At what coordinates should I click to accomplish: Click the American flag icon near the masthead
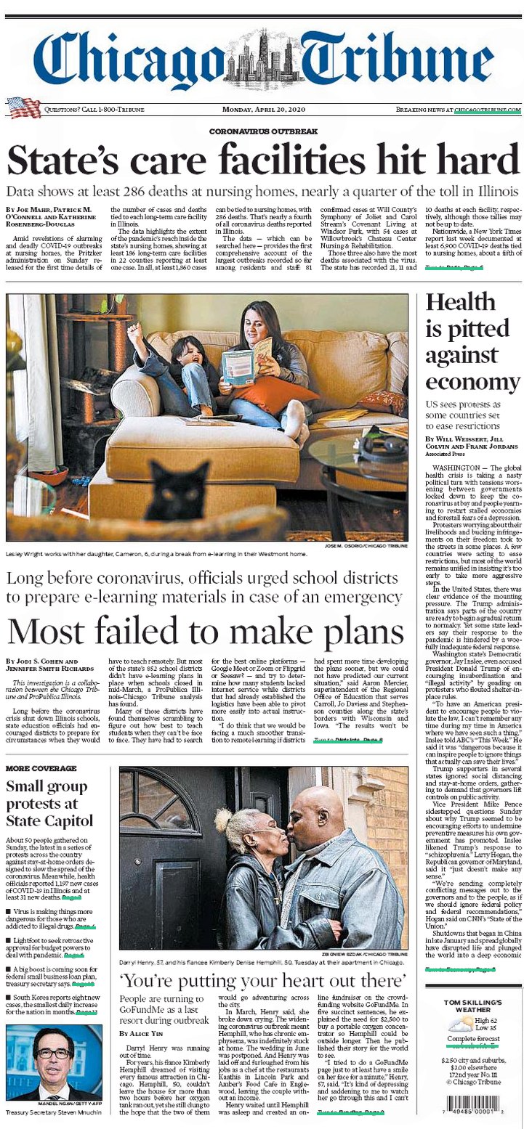tap(24, 108)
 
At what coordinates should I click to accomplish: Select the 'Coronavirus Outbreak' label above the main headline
tap(263, 131)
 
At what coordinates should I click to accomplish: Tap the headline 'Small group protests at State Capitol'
tap(49, 803)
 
